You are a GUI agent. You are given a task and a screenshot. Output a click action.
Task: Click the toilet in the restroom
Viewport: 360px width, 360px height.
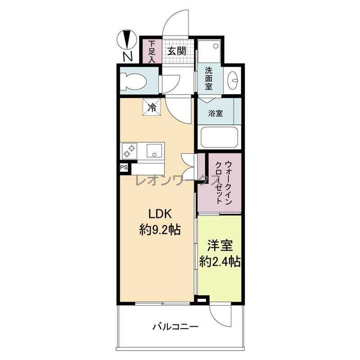click(x=133, y=81)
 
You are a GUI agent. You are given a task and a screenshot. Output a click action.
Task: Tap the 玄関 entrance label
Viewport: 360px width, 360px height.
click(x=176, y=51)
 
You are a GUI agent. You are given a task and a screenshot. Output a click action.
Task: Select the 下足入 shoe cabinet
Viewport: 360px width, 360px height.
click(x=151, y=52)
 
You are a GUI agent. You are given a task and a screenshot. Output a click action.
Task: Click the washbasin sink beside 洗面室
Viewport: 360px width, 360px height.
click(x=233, y=81)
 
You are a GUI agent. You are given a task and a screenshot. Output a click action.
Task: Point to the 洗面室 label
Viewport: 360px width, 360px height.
click(x=209, y=78)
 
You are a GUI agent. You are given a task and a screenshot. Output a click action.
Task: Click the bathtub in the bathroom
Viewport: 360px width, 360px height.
click(x=219, y=138)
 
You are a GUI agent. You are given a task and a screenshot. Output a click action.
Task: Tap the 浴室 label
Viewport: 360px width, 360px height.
click(x=216, y=113)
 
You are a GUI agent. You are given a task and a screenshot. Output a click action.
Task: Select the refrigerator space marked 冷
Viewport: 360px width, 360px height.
click(x=152, y=107)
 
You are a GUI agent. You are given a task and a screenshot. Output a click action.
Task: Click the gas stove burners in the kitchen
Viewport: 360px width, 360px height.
click(x=130, y=151)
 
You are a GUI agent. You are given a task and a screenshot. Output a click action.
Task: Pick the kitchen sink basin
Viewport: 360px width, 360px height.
click(x=154, y=151)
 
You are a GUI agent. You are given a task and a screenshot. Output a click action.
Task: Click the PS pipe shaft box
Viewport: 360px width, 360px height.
click(x=124, y=167)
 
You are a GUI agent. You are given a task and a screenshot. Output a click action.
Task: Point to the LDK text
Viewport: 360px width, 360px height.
click(x=160, y=214)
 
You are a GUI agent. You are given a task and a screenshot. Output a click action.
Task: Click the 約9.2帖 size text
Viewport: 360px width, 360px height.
click(x=160, y=229)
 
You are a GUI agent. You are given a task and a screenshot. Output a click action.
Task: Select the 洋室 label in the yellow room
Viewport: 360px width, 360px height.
click(x=220, y=245)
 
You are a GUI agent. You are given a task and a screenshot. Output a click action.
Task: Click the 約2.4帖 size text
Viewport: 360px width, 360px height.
click(x=220, y=261)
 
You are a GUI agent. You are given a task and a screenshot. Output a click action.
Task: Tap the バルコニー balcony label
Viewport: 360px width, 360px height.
click(x=175, y=327)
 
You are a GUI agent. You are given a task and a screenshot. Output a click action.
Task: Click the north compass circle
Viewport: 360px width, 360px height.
click(x=127, y=39)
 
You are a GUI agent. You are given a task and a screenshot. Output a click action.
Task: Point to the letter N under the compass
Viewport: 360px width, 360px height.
click(x=128, y=57)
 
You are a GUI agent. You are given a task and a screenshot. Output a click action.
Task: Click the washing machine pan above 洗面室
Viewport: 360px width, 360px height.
click(x=209, y=51)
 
